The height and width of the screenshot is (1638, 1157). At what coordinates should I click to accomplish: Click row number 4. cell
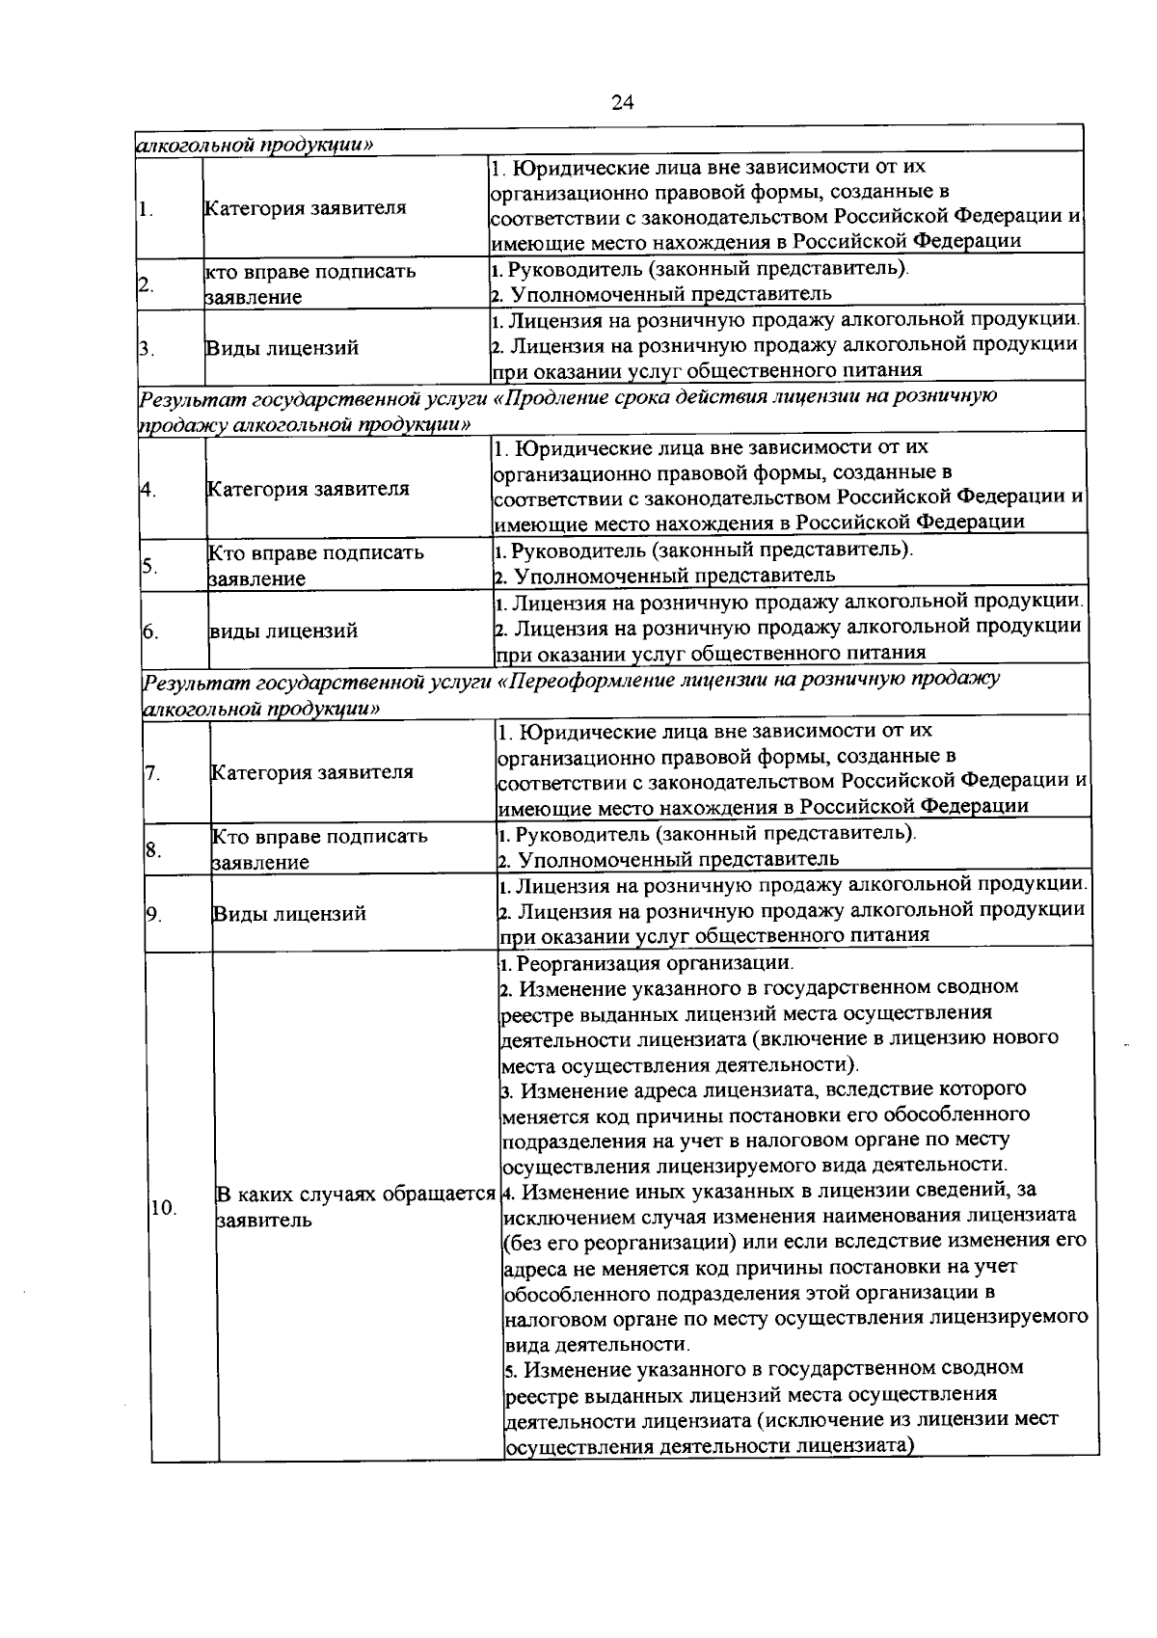(x=148, y=489)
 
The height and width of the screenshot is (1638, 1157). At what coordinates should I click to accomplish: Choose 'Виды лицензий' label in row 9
(x=289, y=914)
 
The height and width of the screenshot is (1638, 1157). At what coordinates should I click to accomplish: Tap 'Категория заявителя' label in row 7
(x=311, y=772)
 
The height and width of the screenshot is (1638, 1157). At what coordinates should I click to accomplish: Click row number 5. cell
(x=149, y=565)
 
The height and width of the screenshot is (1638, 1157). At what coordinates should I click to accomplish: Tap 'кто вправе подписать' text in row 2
(x=310, y=272)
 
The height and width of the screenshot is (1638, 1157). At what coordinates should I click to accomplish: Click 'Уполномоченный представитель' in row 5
(x=672, y=577)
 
